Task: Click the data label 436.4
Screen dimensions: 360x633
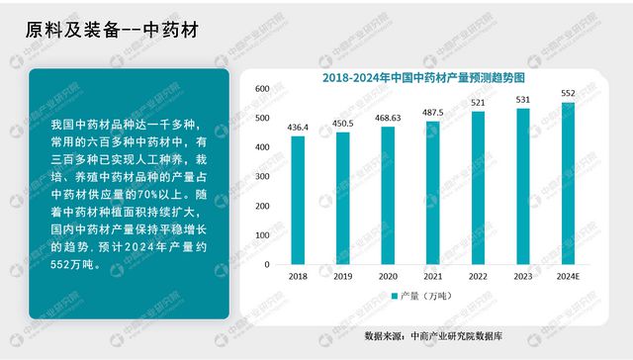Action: pos(298,128)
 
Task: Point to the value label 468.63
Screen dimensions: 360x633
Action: pos(388,119)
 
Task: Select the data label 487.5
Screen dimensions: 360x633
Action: pos(433,113)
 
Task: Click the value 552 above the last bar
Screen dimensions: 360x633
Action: pos(568,94)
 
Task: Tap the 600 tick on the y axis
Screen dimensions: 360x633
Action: pos(262,89)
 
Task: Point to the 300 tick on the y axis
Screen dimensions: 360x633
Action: pos(262,177)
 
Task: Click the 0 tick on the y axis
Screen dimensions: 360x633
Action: pos(267,265)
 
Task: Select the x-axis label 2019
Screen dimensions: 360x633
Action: pos(343,277)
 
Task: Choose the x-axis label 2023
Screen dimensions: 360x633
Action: pos(523,277)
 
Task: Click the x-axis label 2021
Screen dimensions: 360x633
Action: pos(433,277)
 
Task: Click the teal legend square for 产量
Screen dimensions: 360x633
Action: pos(394,297)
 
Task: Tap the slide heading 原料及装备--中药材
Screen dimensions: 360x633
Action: pos(111,30)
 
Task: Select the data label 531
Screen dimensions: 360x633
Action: pos(523,100)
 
